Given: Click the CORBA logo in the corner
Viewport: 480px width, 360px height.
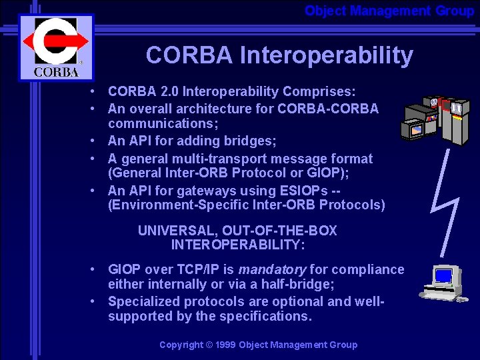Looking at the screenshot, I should tap(56, 47).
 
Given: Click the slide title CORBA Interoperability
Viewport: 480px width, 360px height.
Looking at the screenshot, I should tap(279, 55).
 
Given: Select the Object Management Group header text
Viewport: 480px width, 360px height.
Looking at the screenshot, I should tap(389, 11).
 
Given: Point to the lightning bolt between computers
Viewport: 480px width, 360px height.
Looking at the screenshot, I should tap(445, 200).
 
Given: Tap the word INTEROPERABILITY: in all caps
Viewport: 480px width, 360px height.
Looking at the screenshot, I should tap(238, 245).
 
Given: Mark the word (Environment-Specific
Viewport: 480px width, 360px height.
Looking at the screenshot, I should tap(173, 205).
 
